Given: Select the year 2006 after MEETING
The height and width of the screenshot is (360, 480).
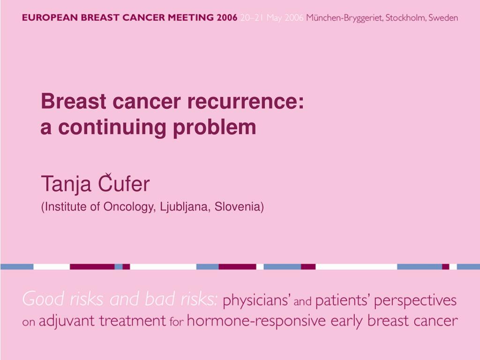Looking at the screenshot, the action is [x=227, y=17].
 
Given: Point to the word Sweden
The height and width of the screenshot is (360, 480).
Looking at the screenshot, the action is [x=443, y=18].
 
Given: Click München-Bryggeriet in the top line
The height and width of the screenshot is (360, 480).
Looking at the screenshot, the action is [x=345, y=18].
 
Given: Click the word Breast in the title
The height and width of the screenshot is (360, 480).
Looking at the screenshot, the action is [x=74, y=101].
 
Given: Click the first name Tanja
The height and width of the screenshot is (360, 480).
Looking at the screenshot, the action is [x=66, y=184].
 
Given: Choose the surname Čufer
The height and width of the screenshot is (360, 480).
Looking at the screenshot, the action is [x=124, y=183].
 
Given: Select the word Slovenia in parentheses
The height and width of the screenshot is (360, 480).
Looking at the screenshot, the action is [x=238, y=207].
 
